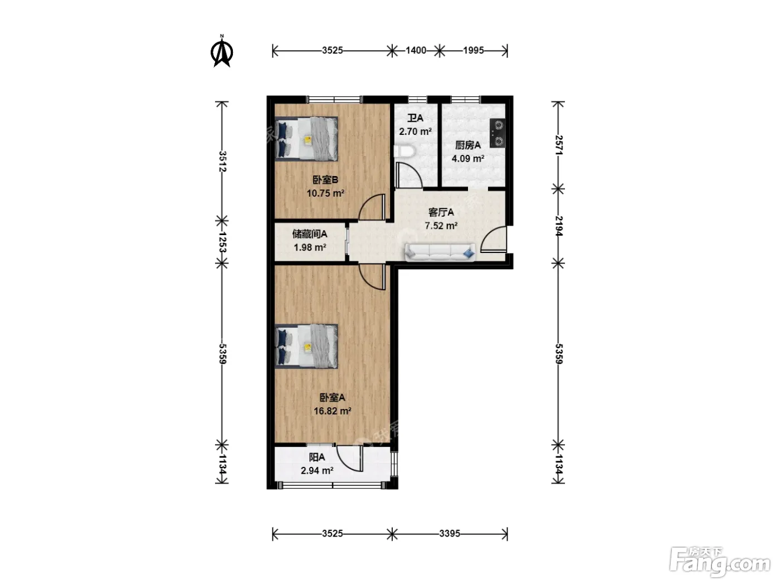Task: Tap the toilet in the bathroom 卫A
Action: coord(404,152)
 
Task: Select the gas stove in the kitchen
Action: coord(498,133)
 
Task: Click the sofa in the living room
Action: coord(440,252)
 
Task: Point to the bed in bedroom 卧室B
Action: coord(306,139)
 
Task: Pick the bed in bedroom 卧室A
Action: coord(306,347)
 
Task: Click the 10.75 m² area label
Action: coord(325,193)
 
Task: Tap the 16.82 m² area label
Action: coord(333,411)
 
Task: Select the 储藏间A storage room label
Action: coord(310,234)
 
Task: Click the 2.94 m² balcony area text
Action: coord(317,471)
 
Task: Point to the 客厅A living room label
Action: coord(441,212)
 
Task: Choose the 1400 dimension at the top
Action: coord(416,51)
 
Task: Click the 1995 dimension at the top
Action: coord(474,51)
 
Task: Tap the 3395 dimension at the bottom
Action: coord(450,534)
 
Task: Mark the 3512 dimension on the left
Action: coord(222,162)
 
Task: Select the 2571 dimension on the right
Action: coord(558,145)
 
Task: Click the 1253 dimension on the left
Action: coord(222,242)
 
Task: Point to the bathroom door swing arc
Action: coord(408,175)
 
